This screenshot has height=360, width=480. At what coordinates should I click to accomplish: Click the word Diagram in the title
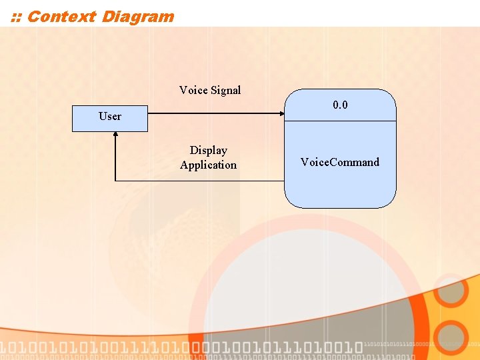(138, 17)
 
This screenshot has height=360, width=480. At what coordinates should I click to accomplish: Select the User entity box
(110, 117)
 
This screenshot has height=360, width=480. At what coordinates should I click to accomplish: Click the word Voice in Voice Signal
(193, 90)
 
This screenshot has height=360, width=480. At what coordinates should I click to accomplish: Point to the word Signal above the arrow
(225, 90)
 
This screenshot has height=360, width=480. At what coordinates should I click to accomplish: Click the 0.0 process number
(340, 105)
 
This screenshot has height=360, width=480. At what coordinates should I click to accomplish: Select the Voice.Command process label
(340, 162)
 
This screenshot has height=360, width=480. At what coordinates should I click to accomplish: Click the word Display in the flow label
(208, 151)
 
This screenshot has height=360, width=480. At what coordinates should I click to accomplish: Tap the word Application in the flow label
(208, 165)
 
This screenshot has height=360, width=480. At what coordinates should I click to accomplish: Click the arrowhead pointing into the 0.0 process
(281, 113)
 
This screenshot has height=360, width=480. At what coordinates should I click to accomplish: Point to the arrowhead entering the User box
(116, 135)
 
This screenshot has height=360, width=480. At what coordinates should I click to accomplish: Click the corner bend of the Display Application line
(116, 181)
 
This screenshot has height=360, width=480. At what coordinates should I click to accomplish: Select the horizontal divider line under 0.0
(340, 121)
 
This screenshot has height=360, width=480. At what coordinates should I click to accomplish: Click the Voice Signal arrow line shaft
(213, 113)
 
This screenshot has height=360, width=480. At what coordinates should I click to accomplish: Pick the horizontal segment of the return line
(200, 181)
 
